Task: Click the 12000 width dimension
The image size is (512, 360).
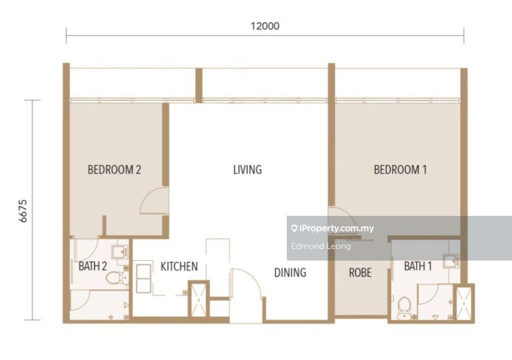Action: pyautogui.click(x=265, y=26)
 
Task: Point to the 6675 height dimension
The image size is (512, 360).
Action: pyautogui.click(x=23, y=211)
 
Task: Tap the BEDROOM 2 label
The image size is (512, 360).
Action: pyautogui.click(x=114, y=170)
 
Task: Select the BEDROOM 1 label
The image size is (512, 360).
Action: pyautogui.click(x=400, y=170)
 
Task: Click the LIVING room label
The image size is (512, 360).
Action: pyautogui.click(x=247, y=170)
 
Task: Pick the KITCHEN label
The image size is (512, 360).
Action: pyautogui.click(x=179, y=266)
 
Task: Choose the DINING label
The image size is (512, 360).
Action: pyautogui.click(x=290, y=273)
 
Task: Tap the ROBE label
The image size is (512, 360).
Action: pyautogui.click(x=360, y=273)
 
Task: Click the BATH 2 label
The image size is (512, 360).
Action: pyautogui.click(x=93, y=266)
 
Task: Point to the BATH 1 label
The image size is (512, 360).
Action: pyautogui.click(x=418, y=266)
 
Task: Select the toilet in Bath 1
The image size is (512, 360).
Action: pyautogui.click(x=404, y=308)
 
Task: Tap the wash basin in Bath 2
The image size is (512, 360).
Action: pyautogui.click(x=120, y=252)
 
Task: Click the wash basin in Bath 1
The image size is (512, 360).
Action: pyautogui.click(x=451, y=261)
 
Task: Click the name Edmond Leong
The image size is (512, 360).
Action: pyautogui.click(x=320, y=246)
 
